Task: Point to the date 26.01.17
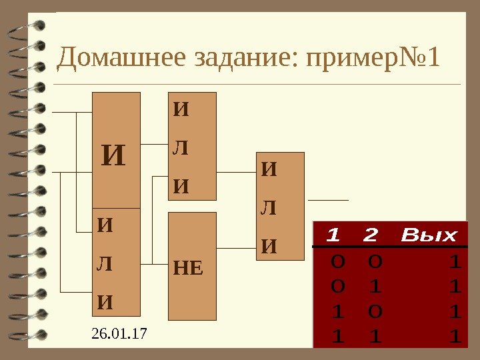117,331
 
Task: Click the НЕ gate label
187,269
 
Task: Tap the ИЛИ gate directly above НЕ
193,146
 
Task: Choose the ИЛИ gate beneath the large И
117,262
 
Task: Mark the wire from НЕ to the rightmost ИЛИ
237,248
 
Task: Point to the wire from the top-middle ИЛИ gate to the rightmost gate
237,171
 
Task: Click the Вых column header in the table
429,235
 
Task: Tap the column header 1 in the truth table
333,235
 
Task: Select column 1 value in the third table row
337,312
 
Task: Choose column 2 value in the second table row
375,287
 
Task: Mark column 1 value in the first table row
337,262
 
